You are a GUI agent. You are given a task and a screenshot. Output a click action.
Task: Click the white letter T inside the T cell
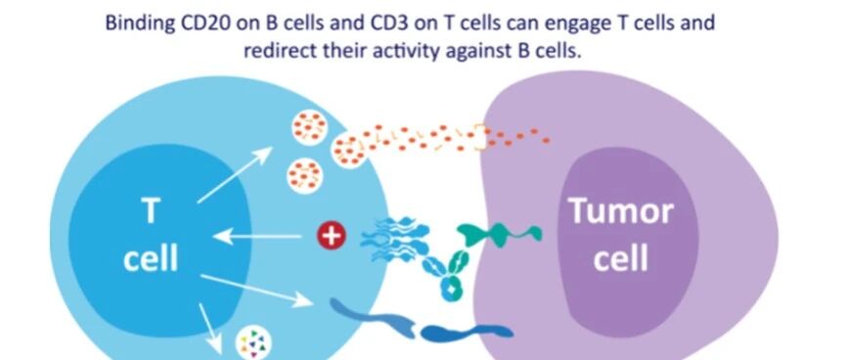(x=151, y=210)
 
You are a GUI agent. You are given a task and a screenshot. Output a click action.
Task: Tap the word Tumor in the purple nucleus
(x=622, y=210)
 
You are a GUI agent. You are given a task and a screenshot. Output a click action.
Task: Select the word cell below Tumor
(x=622, y=257)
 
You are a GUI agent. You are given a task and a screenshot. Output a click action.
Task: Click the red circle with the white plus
(x=331, y=236)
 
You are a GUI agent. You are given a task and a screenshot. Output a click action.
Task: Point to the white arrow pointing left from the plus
(x=257, y=236)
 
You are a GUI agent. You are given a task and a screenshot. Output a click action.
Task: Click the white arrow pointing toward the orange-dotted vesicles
(x=236, y=174)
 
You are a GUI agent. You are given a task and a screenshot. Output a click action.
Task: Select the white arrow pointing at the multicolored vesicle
(x=210, y=330)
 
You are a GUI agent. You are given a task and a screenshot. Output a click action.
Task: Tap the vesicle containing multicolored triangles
(x=253, y=342)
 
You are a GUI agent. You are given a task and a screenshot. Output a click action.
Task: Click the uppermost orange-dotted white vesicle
(x=309, y=127)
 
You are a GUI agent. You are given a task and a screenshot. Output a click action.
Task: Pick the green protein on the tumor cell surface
(x=499, y=234)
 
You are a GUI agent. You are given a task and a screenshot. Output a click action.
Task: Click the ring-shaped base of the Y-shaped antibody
(x=451, y=289)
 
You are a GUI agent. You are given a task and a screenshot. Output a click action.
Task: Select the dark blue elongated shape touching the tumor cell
(x=467, y=333)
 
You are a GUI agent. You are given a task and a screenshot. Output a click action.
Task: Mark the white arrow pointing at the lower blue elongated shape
(x=257, y=291)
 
